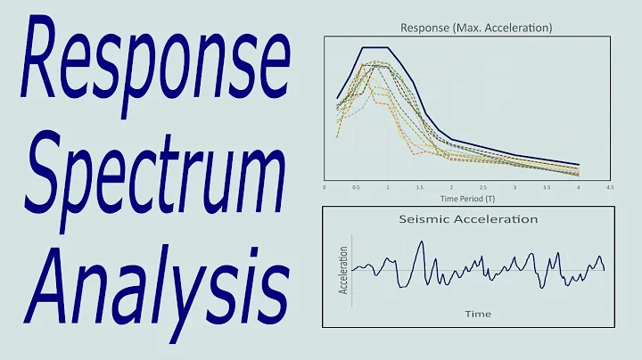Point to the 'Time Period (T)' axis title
click(468, 195)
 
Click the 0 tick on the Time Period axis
click(325, 188)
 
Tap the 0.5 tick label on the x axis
click(357, 188)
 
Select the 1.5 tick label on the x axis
click(420, 188)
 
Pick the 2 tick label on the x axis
click(452, 188)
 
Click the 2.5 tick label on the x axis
click(483, 188)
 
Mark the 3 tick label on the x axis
click(515, 188)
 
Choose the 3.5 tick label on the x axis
click(547, 188)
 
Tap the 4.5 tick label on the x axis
click(610, 188)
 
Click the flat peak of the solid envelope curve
click(374, 47)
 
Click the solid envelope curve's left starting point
click(337, 98)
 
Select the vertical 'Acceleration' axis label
click(343, 271)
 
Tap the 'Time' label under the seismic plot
click(477, 314)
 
